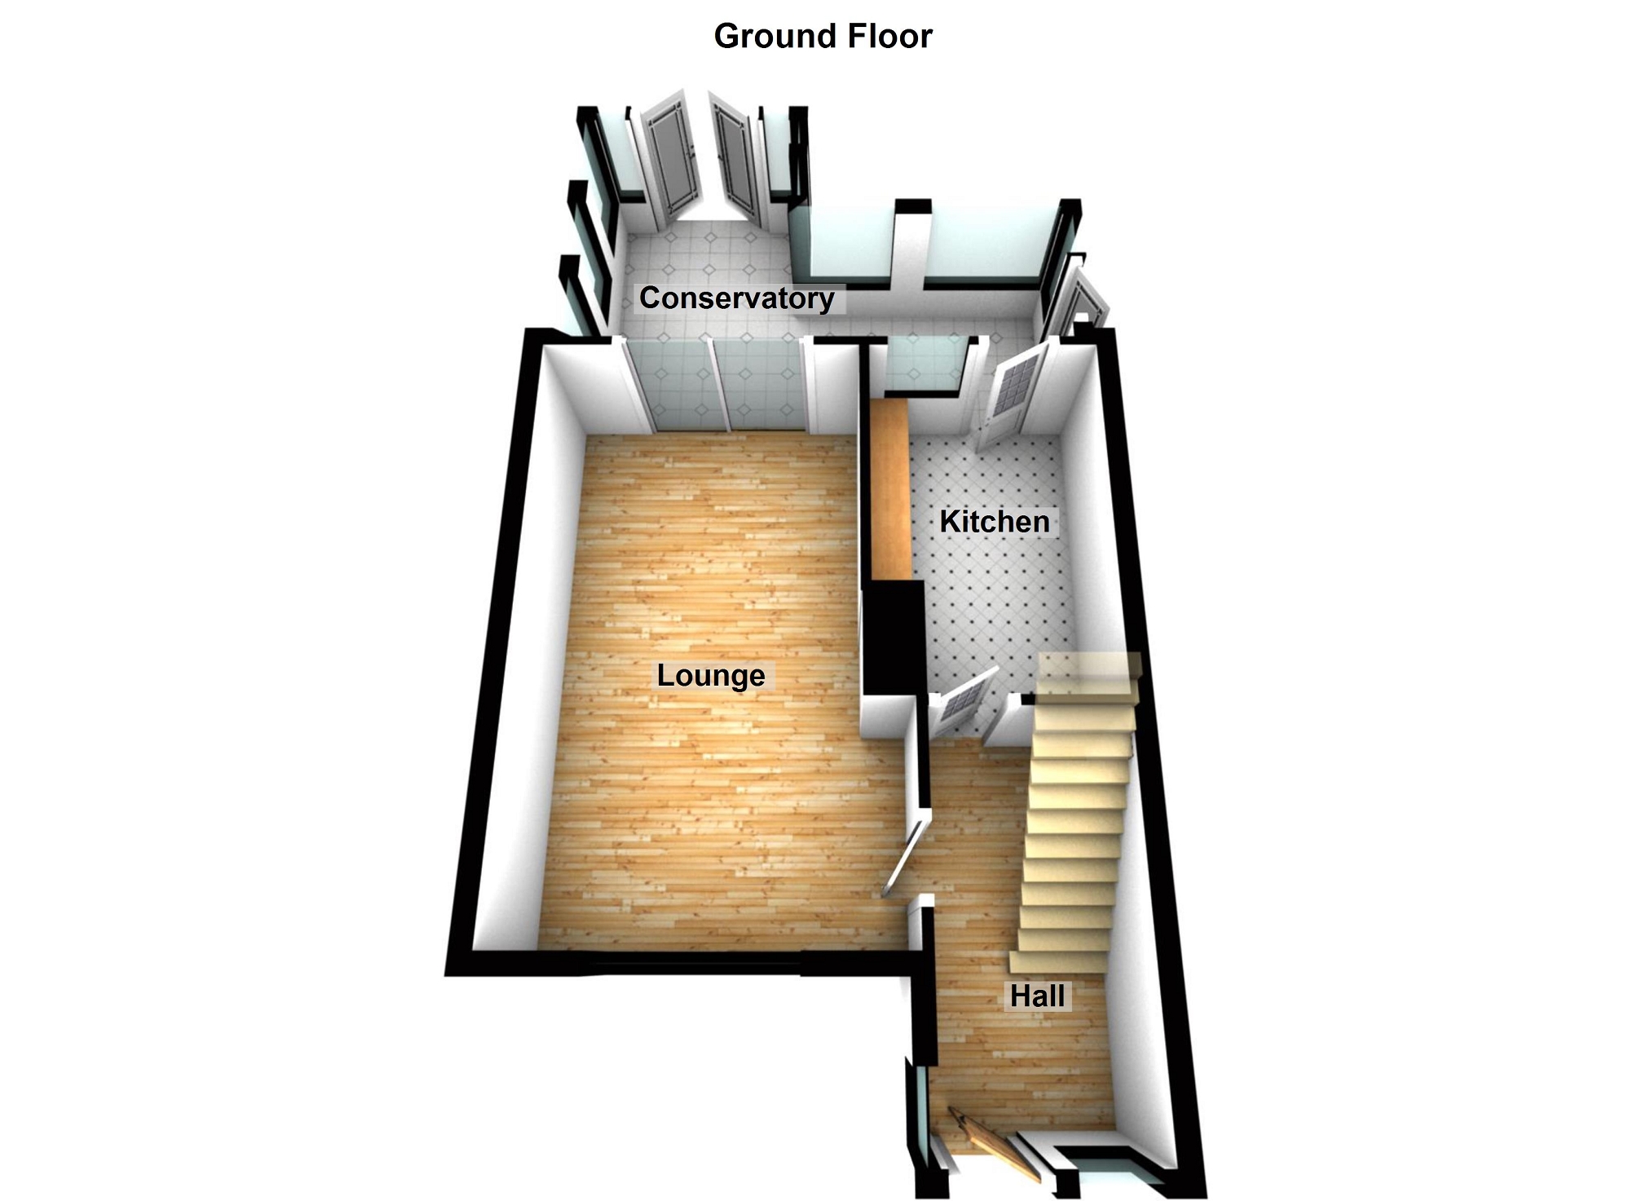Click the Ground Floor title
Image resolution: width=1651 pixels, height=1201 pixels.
coord(823,37)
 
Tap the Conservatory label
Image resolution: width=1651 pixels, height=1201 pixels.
coord(736,298)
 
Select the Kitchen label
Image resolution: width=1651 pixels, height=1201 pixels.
coord(994,522)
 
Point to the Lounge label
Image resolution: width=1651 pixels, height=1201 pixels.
coord(711,676)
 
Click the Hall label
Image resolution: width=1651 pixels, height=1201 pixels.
coord(1037,996)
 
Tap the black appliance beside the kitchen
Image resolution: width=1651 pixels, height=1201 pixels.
coord(893,636)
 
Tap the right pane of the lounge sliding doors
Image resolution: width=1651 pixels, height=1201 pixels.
coord(761,387)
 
